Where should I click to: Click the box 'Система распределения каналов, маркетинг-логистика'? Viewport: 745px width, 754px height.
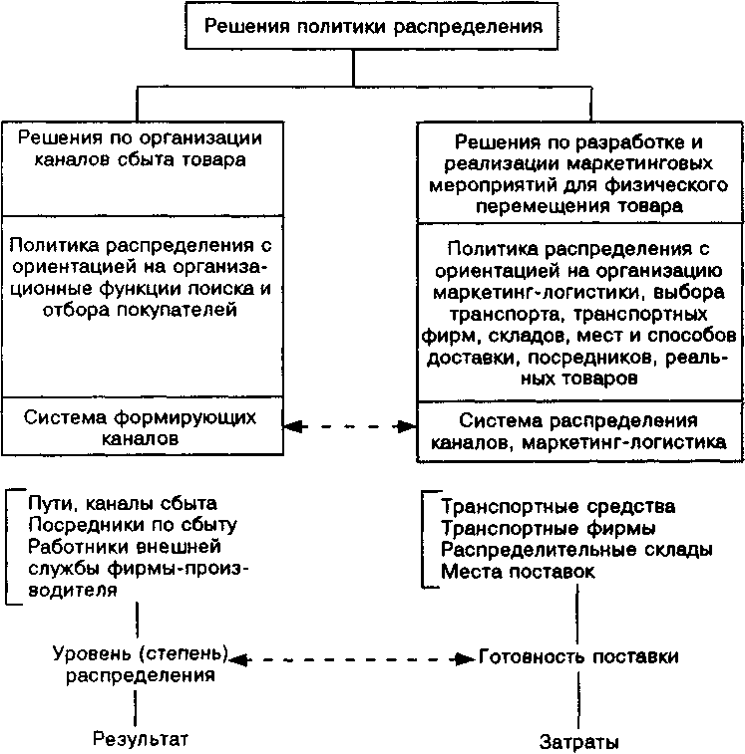click(x=577, y=429)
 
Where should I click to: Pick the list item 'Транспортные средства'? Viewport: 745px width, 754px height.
click(x=558, y=508)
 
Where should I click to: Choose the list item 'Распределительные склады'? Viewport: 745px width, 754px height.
click(x=576, y=550)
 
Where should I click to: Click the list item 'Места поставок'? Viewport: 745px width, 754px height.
click(x=518, y=572)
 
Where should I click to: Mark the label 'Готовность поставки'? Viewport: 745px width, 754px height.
click(x=579, y=657)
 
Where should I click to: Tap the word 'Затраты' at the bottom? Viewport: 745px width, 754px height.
click(x=579, y=742)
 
